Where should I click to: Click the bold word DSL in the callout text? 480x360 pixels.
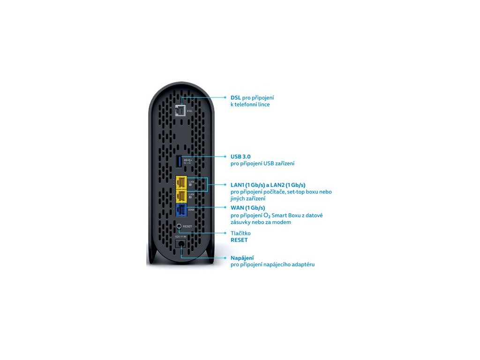236,97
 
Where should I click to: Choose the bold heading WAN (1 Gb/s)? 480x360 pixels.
247,208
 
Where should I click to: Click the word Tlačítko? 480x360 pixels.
240,233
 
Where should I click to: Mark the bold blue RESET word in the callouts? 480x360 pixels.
239,240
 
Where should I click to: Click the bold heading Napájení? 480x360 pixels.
242,258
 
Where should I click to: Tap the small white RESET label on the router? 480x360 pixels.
188,226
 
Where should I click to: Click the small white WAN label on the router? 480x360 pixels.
191,210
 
